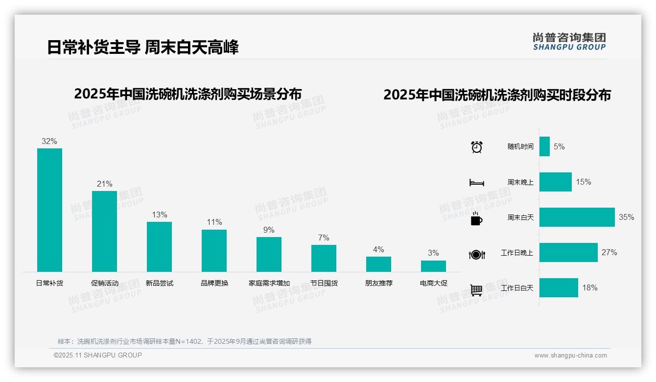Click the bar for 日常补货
49,210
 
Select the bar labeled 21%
104,231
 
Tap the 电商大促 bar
433,266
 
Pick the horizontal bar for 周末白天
577,217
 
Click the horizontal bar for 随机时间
544,146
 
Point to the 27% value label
609,253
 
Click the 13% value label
160,215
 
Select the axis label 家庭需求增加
269,283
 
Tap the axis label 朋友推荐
378,283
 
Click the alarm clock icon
477,147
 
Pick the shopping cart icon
476,290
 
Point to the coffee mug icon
476,219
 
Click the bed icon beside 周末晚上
476,183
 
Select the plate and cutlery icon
476,255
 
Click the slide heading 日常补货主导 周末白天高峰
143,48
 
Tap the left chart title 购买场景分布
187,94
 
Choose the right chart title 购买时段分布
497,95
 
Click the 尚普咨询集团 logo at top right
569,42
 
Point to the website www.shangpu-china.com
570,356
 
